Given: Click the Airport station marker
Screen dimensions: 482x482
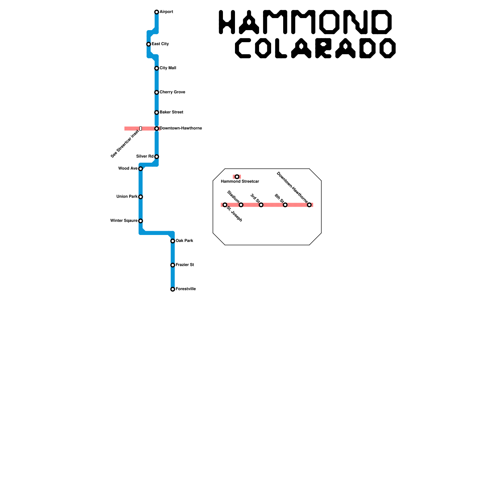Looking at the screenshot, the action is click(x=157, y=12).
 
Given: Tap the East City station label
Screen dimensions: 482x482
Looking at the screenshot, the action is click(x=160, y=44).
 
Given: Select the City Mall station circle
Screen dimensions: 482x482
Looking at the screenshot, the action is click(x=157, y=68).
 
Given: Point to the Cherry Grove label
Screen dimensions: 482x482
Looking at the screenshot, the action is click(x=172, y=92).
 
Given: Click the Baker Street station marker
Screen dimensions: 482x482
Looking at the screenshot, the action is click(x=157, y=113).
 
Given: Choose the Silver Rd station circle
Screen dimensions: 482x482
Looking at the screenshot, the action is click(x=157, y=157).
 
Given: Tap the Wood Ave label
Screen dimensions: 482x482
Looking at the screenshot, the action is click(x=128, y=168).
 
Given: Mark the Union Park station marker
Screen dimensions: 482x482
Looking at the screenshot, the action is click(x=140, y=197).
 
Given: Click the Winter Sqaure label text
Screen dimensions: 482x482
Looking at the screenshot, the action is click(x=124, y=221).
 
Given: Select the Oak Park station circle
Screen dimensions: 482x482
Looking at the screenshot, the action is click(x=173, y=241).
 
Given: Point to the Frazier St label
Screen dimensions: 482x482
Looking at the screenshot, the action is click(x=185, y=265).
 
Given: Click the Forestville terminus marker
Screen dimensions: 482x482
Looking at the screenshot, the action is click(x=173, y=289).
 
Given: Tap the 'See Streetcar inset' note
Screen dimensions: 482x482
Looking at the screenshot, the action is click(x=125, y=144).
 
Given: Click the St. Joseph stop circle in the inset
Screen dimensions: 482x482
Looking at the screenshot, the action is click(x=225, y=205).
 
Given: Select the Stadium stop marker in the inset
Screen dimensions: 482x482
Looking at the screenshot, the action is click(x=241, y=205).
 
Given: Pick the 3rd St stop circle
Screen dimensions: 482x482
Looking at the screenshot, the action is click(x=261, y=205).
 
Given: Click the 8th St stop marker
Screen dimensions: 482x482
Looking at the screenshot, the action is click(x=285, y=205).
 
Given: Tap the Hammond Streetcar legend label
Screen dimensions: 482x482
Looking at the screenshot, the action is click(x=240, y=181).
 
